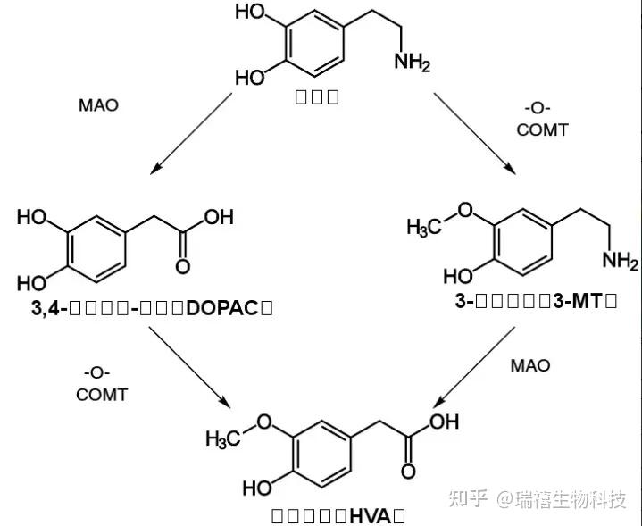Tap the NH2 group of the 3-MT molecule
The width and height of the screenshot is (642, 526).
pos(620,260)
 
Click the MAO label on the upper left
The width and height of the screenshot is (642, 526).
pos(98,105)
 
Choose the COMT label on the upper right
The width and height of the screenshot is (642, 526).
pos(543,130)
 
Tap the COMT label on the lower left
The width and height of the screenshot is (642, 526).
pos(102,395)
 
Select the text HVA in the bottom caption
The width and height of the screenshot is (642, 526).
pos(365,515)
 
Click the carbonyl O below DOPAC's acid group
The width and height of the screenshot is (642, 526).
pos(184,266)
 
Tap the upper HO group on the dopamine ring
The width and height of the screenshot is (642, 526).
pos(249,13)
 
